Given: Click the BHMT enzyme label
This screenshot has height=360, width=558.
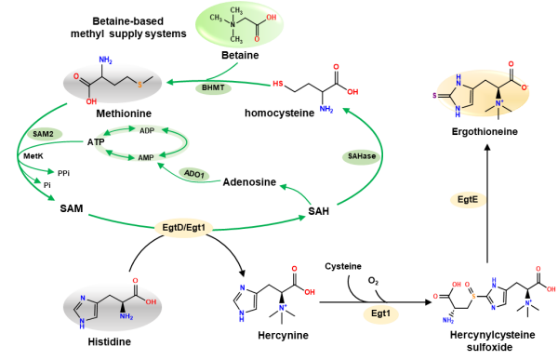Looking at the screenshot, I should click(x=210, y=88).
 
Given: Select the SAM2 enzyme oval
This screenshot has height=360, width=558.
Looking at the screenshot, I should click(x=43, y=134).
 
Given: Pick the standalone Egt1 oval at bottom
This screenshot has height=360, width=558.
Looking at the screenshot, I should click(x=380, y=314).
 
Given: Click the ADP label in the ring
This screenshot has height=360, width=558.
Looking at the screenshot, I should click(x=146, y=131).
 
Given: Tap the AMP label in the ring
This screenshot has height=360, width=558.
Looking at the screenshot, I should click(x=146, y=158).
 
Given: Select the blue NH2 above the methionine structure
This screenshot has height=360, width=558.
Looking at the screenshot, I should click(x=104, y=60).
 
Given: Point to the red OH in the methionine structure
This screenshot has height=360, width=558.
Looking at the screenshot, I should click(x=90, y=102).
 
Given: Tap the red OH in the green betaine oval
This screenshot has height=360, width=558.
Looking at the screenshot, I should click(x=271, y=15).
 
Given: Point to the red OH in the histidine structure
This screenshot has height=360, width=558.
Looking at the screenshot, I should click(x=150, y=300).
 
